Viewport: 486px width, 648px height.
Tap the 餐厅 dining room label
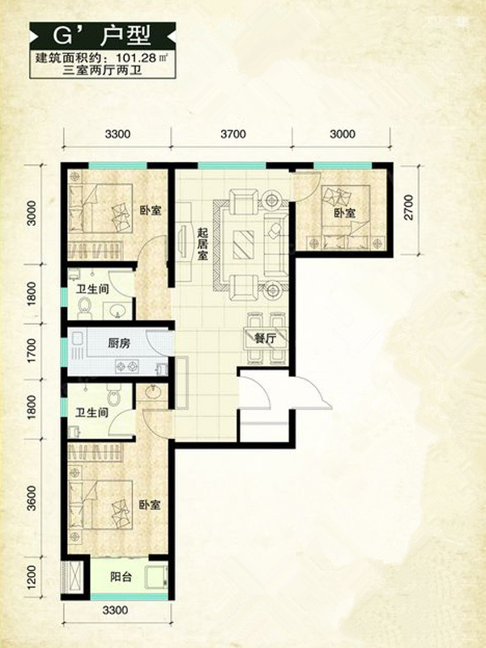265,339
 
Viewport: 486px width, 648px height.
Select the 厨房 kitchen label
119,343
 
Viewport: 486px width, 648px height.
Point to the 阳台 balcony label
121,577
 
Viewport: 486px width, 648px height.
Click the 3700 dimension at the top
233,134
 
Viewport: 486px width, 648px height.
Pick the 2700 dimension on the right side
408,207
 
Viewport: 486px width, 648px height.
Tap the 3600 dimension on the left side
32,497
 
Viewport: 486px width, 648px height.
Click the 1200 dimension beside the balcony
32,577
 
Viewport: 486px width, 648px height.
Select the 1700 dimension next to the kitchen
32,351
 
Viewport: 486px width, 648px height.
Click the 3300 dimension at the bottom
115,610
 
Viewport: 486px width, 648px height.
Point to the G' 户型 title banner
103,36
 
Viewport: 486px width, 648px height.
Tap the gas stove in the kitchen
127,366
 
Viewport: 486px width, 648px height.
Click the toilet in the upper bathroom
86,308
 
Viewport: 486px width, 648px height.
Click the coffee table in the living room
242,244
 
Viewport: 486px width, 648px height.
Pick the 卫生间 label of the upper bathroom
92,289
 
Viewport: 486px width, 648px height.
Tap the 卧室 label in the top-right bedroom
345,213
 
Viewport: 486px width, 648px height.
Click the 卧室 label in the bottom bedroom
150,505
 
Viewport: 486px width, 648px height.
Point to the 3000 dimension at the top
343,134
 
